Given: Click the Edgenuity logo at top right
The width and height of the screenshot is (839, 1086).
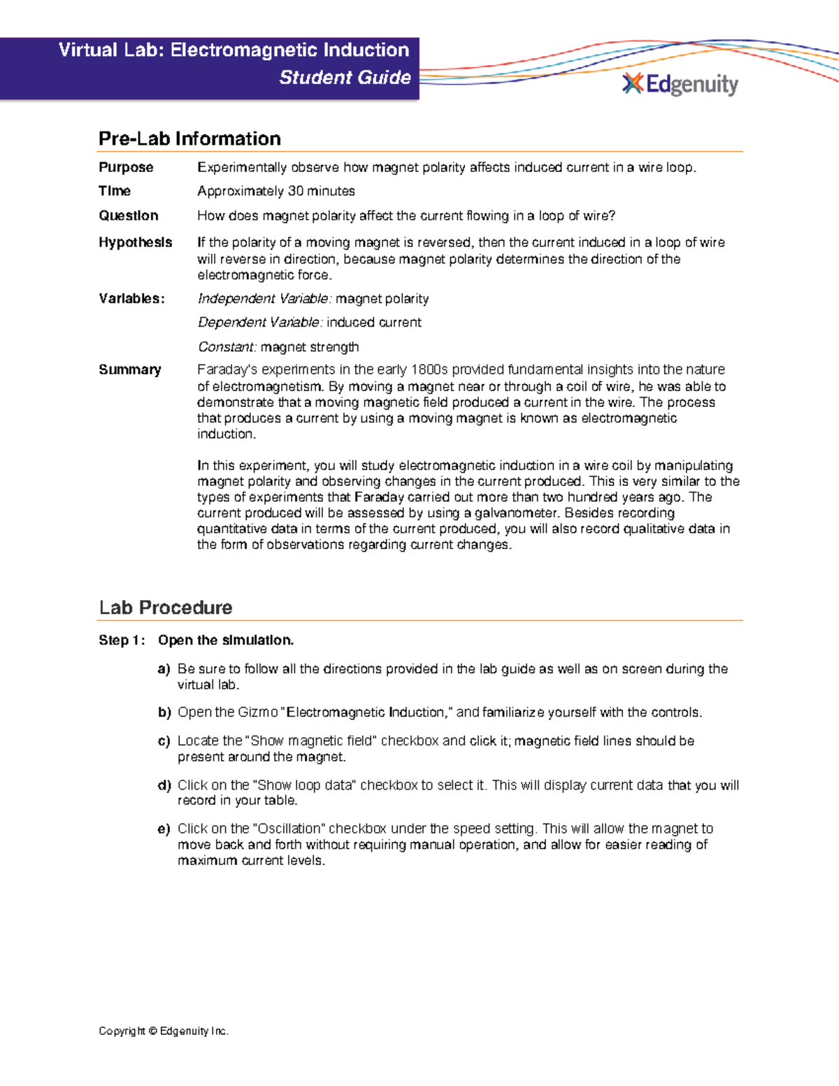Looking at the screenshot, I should tap(680, 85).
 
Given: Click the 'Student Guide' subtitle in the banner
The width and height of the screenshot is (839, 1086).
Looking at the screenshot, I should tap(345, 78).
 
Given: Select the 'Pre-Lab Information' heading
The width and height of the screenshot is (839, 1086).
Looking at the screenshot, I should tap(189, 138).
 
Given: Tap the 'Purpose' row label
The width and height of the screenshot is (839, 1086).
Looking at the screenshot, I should tap(126, 167).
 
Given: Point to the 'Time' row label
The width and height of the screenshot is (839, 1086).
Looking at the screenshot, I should tap(115, 191).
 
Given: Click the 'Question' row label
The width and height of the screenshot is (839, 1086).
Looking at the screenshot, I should tap(129, 215).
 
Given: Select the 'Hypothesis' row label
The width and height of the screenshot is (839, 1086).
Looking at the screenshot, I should tap(135, 242).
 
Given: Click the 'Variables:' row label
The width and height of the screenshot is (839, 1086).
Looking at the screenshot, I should tap(131, 299).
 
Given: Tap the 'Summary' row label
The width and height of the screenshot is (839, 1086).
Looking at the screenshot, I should tap(130, 369).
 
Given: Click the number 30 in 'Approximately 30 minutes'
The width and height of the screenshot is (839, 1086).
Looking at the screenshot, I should tap(295, 191).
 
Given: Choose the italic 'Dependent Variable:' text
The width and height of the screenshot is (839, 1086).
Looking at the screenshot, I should tap(260, 322).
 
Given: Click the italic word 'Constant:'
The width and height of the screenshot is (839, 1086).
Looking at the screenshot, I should tap(227, 347).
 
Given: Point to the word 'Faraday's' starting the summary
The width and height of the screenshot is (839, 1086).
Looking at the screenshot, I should tap(226, 369).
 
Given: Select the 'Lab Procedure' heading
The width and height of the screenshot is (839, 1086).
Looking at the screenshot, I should tap(166, 607).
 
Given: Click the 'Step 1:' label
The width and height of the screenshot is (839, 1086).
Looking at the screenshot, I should tap(122, 640).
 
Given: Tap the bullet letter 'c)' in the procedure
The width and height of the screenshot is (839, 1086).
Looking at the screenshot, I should tap(164, 741).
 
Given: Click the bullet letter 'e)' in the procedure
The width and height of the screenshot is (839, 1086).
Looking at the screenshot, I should tap(164, 829).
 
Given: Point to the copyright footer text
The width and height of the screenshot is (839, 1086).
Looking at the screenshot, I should tap(164, 1031).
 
